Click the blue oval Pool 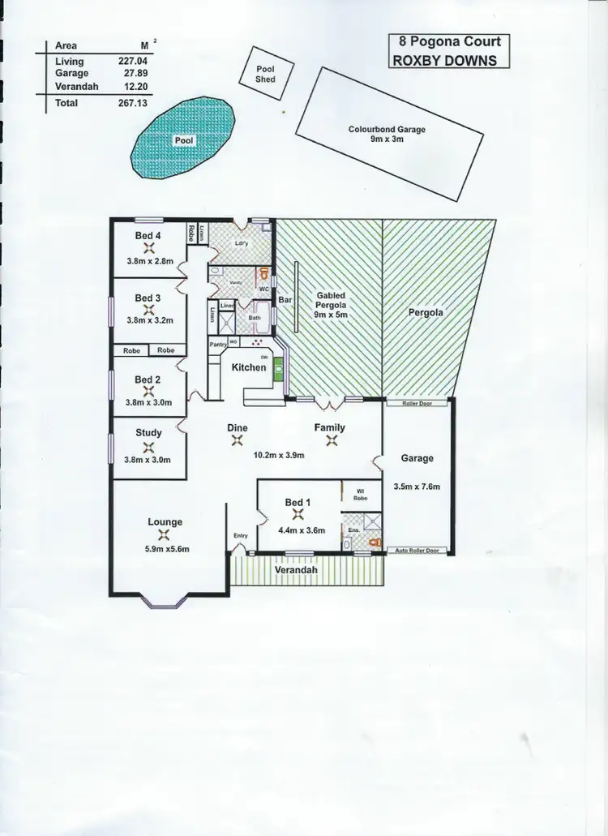184,139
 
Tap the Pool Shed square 265,75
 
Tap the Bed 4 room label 148,236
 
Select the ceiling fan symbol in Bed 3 148,309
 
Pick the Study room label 148,433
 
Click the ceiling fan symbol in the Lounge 165,534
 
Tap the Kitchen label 249,367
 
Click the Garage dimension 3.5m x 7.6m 417,487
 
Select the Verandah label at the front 294,571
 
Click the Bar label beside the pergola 285,300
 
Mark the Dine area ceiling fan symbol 238,441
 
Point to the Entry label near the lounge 241,535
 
